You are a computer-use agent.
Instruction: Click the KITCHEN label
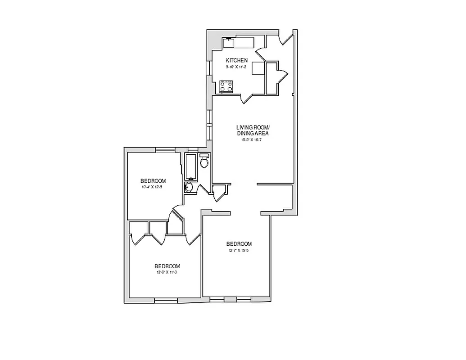coord(236,60)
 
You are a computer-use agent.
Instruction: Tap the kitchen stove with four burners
coord(226,86)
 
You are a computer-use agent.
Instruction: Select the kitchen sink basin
coord(229,43)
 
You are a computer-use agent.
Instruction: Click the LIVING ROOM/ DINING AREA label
coord(253,130)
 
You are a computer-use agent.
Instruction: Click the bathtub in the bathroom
coord(190,166)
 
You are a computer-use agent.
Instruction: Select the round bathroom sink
coord(190,187)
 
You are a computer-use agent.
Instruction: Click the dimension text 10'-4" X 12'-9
coord(151,187)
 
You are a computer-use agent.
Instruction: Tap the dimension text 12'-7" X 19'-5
coord(239,250)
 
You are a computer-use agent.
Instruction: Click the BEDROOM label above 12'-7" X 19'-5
coord(239,244)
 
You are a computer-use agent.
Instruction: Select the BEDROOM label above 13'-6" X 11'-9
coord(167,266)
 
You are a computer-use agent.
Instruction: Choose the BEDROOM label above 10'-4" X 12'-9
coord(153,181)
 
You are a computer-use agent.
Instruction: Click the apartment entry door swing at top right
coord(286,38)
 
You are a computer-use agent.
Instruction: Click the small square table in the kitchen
coord(258,68)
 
